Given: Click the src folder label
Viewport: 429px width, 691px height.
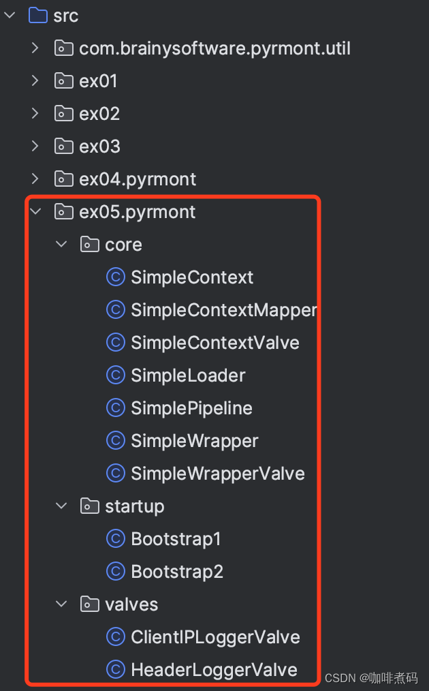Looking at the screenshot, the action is tap(65, 16).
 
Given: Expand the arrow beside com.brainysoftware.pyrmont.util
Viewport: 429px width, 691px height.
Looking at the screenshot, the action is tap(35, 48).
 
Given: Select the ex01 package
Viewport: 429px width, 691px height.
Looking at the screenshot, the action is tap(98, 81).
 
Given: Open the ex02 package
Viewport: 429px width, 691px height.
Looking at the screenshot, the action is tap(99, 114).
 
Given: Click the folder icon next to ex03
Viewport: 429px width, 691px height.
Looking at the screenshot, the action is tap(63, 147).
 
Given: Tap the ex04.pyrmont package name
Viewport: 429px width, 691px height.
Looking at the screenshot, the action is tap(138, 179).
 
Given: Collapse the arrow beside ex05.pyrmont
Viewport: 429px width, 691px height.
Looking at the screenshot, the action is tap(35, 212).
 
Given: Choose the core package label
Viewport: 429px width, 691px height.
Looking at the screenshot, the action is tap(123, 245).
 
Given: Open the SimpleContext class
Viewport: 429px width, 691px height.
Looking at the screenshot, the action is tap(192, 277).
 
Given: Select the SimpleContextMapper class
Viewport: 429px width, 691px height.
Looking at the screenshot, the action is tap(223, 310).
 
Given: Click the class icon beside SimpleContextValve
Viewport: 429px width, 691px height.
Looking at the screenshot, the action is tap(116, 343).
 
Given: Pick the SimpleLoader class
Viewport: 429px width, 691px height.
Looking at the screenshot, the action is tap(188, 375).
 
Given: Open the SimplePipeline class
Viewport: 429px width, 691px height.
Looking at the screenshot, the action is tap(191, 408).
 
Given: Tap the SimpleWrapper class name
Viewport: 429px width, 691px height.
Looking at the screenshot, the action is tap(195, 441).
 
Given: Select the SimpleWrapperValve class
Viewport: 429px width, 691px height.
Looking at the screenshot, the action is tap(218, 474).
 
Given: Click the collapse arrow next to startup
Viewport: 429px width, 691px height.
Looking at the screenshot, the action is tap(62, 506).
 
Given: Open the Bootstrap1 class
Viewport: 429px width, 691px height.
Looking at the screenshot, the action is tap(176, 539).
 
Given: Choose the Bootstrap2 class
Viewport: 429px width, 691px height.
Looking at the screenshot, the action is tap(177, 572).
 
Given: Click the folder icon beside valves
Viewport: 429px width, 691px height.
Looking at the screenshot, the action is tap(89, 604).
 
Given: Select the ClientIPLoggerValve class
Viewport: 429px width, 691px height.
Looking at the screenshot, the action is tap(215, 637).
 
